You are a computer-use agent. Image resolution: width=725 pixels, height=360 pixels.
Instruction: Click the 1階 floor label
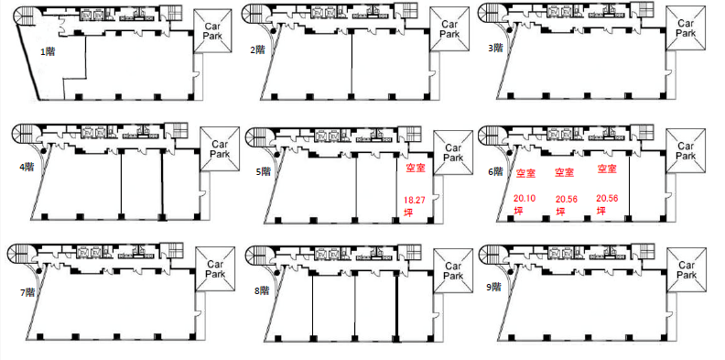coord(48,52)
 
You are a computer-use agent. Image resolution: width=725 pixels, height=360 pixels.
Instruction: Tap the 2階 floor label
coord(257,49)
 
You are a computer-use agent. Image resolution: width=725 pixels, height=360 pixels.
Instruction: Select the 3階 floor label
coord(495,48)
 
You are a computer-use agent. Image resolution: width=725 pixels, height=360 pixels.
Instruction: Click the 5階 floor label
coord(264,171)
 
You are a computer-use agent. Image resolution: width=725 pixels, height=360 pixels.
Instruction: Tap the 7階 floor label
coord(27,292)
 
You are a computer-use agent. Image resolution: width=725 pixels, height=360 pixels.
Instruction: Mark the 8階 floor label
coord(262,290)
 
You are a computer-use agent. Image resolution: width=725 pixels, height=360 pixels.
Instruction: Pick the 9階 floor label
coord(494,287)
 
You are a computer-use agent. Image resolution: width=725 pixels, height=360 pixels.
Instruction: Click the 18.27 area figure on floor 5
coord(415,201)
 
